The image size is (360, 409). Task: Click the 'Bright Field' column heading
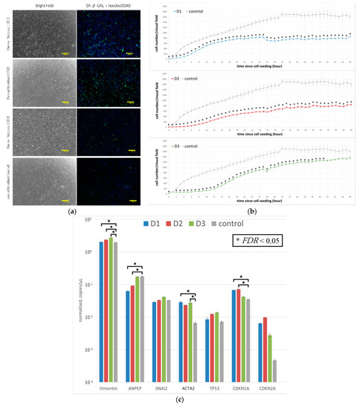click(x=42, y=4)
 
